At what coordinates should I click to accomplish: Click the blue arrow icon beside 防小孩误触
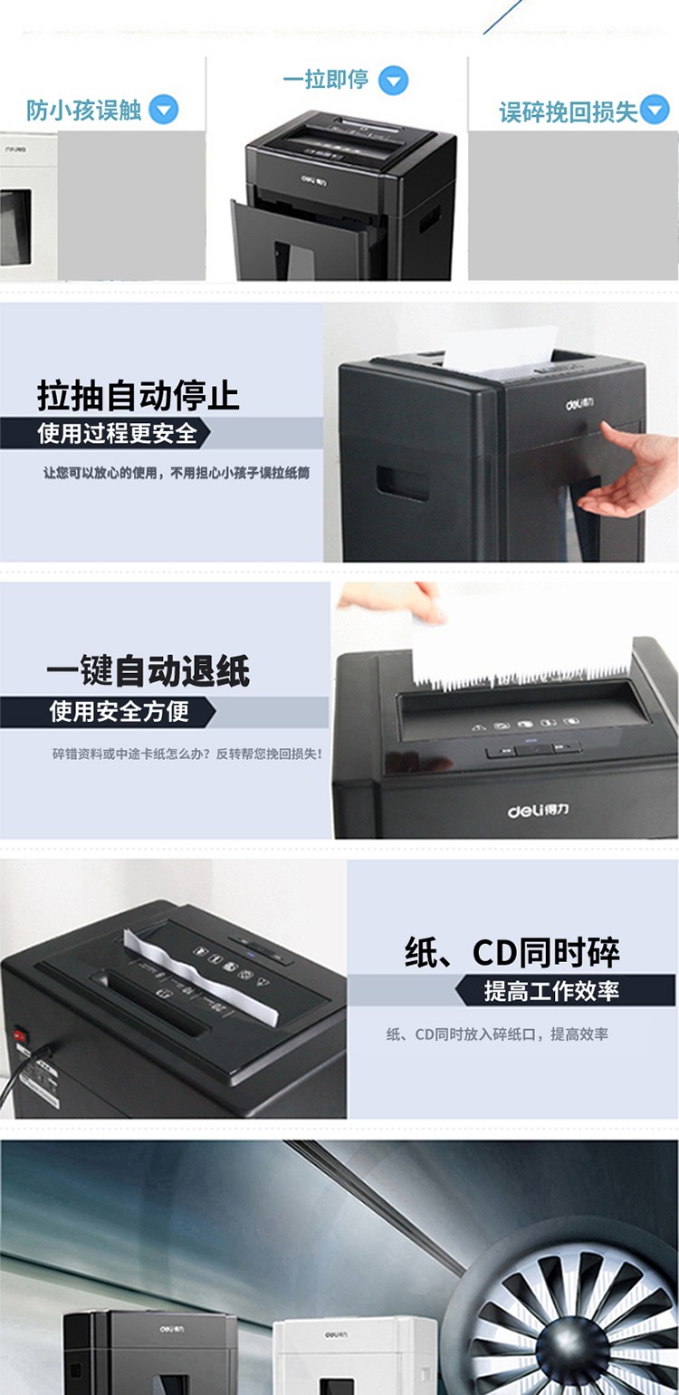point(164,110)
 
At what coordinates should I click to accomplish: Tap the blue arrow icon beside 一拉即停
point(393,81)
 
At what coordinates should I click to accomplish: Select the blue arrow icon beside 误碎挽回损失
point(655,109)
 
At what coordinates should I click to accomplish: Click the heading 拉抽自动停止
point(139,396)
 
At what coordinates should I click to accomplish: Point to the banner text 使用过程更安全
point(118,433)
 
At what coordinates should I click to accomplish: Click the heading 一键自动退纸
point(148,671)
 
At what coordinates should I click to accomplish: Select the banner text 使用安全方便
point(119,711)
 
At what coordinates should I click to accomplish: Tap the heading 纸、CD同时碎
point(512,952)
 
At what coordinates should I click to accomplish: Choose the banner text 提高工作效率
point(551,990)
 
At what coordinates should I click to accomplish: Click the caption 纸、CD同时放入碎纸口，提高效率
point(497,1034)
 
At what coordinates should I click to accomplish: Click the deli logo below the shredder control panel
point(538,810)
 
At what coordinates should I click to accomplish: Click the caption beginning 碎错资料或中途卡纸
point(186,755)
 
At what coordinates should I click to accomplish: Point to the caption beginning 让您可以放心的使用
point(177,473)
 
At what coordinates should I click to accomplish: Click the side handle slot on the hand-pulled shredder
point(402,482)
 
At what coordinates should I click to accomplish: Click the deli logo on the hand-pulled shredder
point(579,404)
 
